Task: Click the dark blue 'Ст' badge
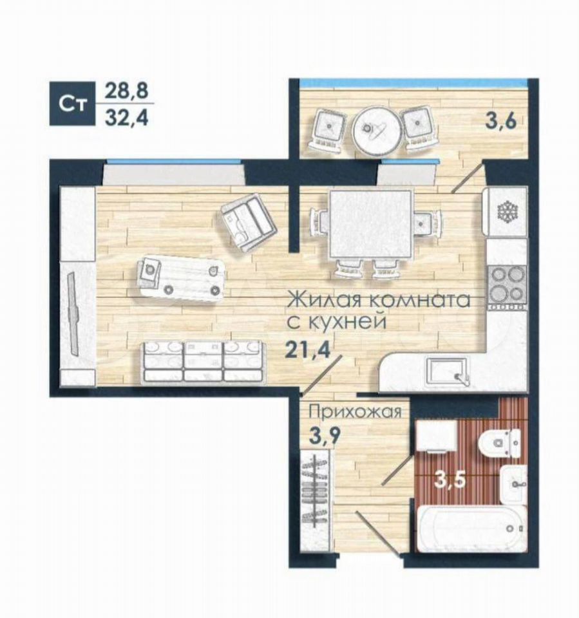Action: pyautogui.click(x=73, y=104)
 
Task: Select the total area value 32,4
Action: pyautogui.click(x=126, y=117)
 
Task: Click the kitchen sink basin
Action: pyautogui.click(x=447, y=371)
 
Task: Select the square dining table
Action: pyautogui.click(x=371, y=224)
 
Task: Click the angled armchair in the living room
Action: pyautogui.click(x=247, y=222)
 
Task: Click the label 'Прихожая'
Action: pyautogui.click(x=355, y=412)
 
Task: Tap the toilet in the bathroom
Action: pyautogui.click(x=499, y=443)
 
